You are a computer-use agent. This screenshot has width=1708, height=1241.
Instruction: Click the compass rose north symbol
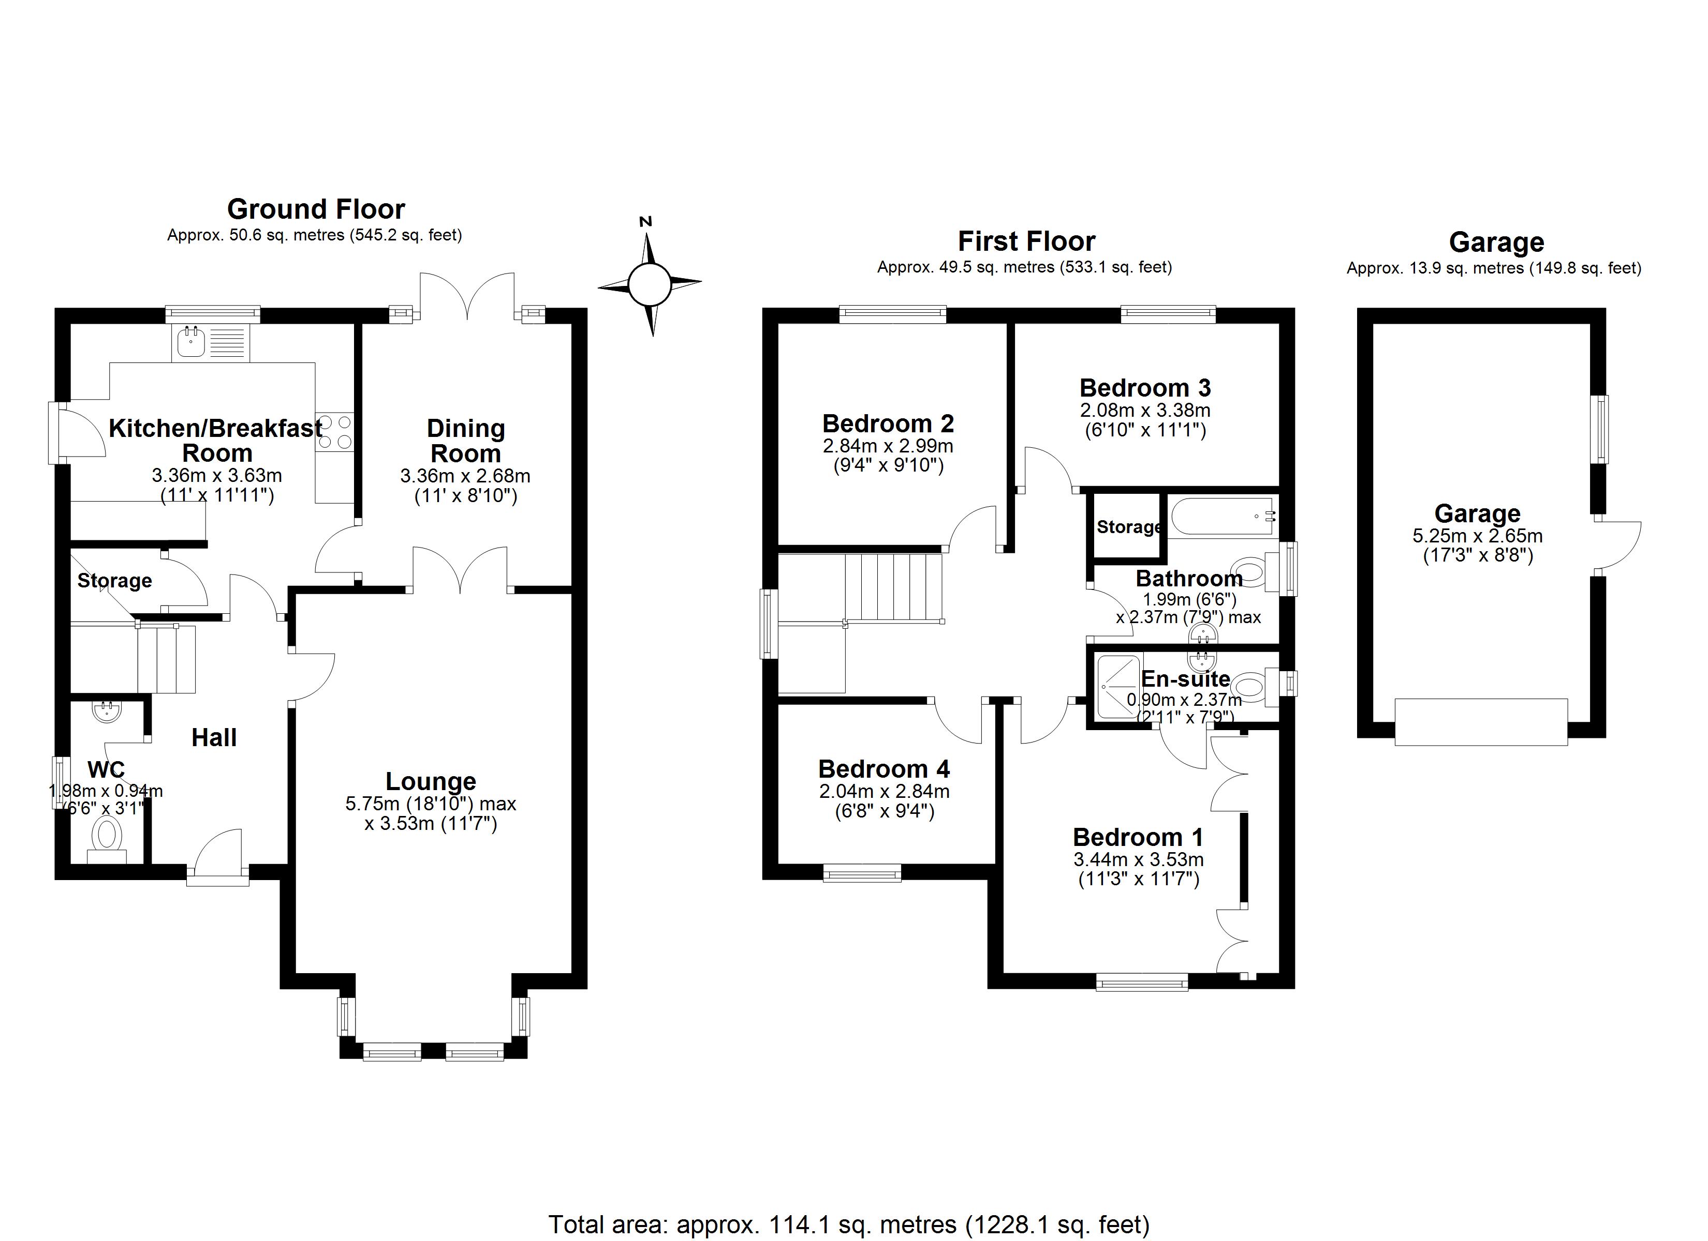pyautogui.click(x=649, y=284)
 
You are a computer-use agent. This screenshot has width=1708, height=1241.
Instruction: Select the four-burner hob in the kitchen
pyautogui.click(x=335, y=433)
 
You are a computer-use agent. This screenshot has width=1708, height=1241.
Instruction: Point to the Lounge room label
pyautogui.click(x=431, y=781)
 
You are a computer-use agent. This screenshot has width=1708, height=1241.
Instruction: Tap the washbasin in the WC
pyautogui.click(x=106, y=711)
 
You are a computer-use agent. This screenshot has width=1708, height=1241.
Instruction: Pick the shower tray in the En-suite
pyautogui.click(x=1117, y=686)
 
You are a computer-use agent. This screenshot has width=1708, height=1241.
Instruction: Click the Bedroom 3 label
pyautogui.click(x=1145, y=388)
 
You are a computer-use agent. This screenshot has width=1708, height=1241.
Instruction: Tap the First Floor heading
pyautogui.click(x=1026, y=241)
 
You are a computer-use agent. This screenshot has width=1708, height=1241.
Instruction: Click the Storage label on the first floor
pyautogui.click(x=1128, y=527)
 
